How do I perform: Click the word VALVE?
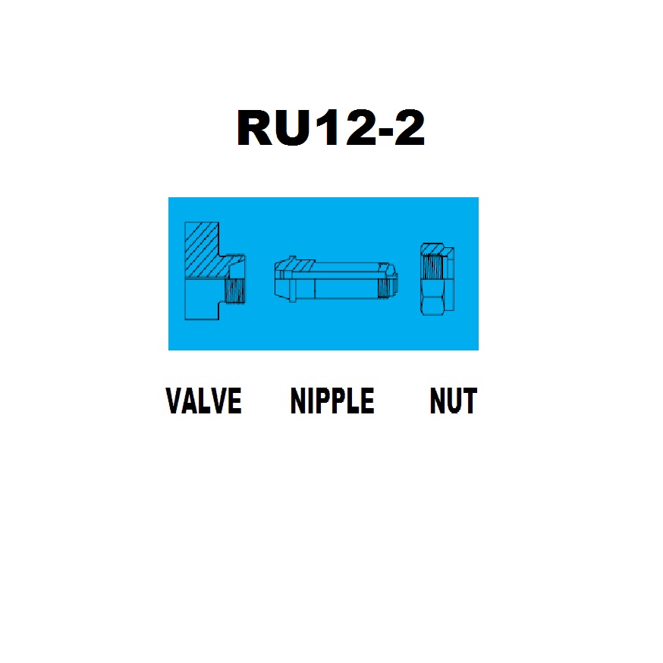(x=203, y=400)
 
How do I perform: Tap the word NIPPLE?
(x=332, y=400)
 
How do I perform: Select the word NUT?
(x=454, y=400)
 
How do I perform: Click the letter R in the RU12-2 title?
(x=256, y=127)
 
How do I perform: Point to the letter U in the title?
(x=293, y=128)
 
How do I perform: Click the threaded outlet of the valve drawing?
(x=235, y=291)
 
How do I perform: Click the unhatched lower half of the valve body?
(x=202, y=299)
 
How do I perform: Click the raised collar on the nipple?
(x=292, y=279)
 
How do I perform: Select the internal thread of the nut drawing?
(x=432, y=267)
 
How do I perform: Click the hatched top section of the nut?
(x=432, y=249)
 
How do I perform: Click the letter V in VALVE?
(x=174, y=400)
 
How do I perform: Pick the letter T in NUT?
(x=470, y=400)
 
